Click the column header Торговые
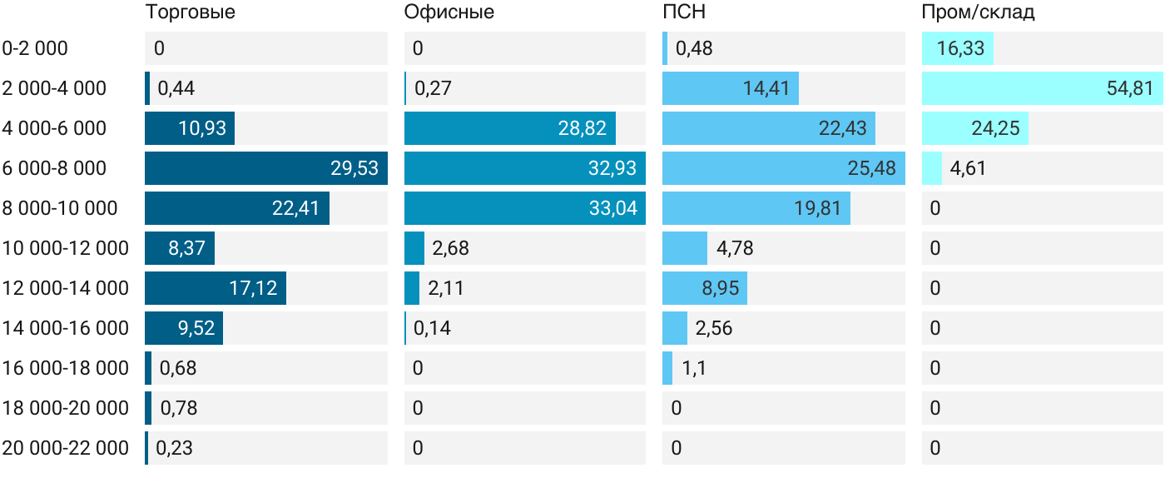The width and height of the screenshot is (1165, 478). [190, 12]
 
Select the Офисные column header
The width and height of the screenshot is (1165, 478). [449, 12]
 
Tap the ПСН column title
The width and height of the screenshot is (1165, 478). [684, 12]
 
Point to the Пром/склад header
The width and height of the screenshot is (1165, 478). [978, 12]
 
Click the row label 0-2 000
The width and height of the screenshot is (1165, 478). [35, 48]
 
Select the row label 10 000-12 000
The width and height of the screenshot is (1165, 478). [65, 248]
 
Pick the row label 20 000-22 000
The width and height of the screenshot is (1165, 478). [65, 448]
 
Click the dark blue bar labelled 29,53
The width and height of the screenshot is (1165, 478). [266, 168]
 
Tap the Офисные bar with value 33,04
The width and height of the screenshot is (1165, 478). [525, 208]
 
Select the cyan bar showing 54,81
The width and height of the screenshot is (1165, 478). [1042, 88]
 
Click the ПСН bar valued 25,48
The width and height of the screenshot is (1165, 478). [784, 168]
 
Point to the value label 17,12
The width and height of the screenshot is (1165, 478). [253, 288]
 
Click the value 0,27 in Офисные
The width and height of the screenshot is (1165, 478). [433, 88]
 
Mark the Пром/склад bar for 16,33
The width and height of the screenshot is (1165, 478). [958, 48]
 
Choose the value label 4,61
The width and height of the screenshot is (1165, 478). [968, 169]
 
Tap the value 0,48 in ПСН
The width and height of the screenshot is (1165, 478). [694, 48]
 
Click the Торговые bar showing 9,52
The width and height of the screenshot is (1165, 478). [184, 328]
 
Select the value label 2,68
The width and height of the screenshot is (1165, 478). [450, 248]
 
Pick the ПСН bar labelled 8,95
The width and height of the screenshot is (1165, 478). [705, 288]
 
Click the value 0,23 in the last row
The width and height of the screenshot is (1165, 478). [174, 448]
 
